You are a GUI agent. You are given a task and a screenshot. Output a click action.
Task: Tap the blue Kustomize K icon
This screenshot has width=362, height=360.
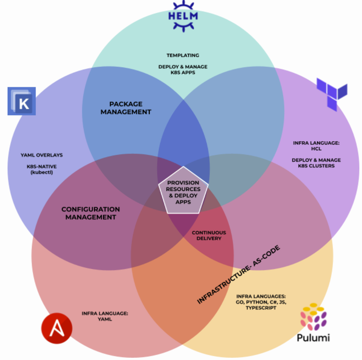coord(22,101)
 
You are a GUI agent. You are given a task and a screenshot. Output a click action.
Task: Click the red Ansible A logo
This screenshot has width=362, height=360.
coord(57,328)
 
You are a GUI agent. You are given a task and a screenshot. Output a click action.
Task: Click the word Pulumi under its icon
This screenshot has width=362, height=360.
coord(313,337)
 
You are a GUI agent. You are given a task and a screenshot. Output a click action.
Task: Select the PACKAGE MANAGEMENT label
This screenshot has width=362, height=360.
coord(126,108)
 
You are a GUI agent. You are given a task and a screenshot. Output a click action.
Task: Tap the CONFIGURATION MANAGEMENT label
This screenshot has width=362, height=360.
coord(90,213)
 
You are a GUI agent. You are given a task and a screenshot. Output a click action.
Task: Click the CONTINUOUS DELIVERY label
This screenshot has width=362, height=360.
coord(209,235)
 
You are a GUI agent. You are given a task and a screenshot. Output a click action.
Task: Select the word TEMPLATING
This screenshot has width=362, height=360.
coord(183,55)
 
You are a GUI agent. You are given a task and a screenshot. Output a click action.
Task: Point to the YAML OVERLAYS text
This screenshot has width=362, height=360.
coord(42,155)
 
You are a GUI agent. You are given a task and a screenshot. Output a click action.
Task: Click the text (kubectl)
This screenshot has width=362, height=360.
coord(42,172)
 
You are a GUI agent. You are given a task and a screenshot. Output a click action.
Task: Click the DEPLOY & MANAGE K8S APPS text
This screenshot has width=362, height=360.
coord(183,70)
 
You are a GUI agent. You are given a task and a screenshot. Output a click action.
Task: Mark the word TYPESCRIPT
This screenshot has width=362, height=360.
coord(261,308)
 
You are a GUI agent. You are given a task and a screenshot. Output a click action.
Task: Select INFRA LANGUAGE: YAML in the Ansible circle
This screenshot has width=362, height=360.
coord(105,316)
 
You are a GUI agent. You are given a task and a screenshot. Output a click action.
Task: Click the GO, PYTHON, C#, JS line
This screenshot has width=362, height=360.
coord(261,302)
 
